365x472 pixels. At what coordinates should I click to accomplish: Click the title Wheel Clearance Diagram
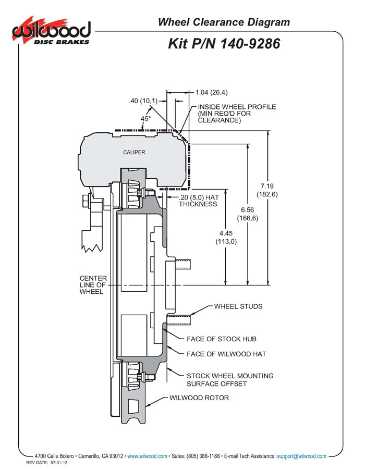click(224, 22)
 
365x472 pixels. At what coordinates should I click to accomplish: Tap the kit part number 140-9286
click(224, 43)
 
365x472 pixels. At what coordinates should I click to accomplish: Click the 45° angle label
click(146, 118)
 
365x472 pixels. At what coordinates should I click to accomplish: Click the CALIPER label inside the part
click(134, 152)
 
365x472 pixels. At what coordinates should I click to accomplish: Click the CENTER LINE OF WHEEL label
click(92, 284)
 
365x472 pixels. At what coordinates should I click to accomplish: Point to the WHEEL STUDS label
click(238, 306)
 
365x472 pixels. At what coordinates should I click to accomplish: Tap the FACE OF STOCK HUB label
click(222, 339)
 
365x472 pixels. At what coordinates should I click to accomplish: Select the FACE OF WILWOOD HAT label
click(226, 354)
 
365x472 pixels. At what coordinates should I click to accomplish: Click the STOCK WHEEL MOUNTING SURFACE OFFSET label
click(230, 380)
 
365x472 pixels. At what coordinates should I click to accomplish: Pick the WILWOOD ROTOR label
click(199, 398)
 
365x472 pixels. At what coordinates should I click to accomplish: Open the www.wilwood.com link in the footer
click(148, 456)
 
